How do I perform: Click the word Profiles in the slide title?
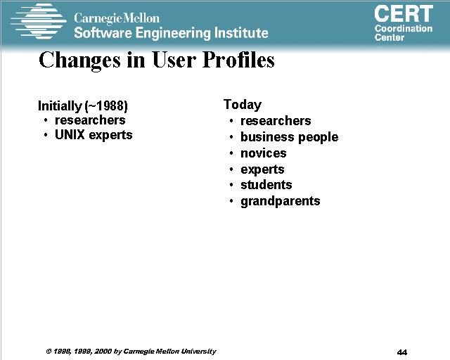tap(238, 60)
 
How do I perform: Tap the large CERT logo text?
tap(404, 14)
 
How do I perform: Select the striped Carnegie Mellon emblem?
tap(38, 21)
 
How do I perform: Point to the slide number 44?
tap(402, 352)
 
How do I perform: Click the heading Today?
tap(243, 105)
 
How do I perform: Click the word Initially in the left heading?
tap(60, 106)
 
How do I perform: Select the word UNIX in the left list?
tap(70, 134)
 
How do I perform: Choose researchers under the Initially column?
tap(90, 120)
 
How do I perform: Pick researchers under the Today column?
tap(276, 121)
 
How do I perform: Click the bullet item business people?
tap(289, 137)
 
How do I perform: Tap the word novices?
tap(264, 153)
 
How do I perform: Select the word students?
tap(266, 185)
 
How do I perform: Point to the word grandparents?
tap(281, 202)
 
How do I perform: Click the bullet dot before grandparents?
tap(231, 201)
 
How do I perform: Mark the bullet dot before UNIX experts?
tap(46, 135)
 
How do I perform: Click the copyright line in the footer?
tap(131, 352)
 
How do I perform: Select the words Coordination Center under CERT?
tap(404, 33)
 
